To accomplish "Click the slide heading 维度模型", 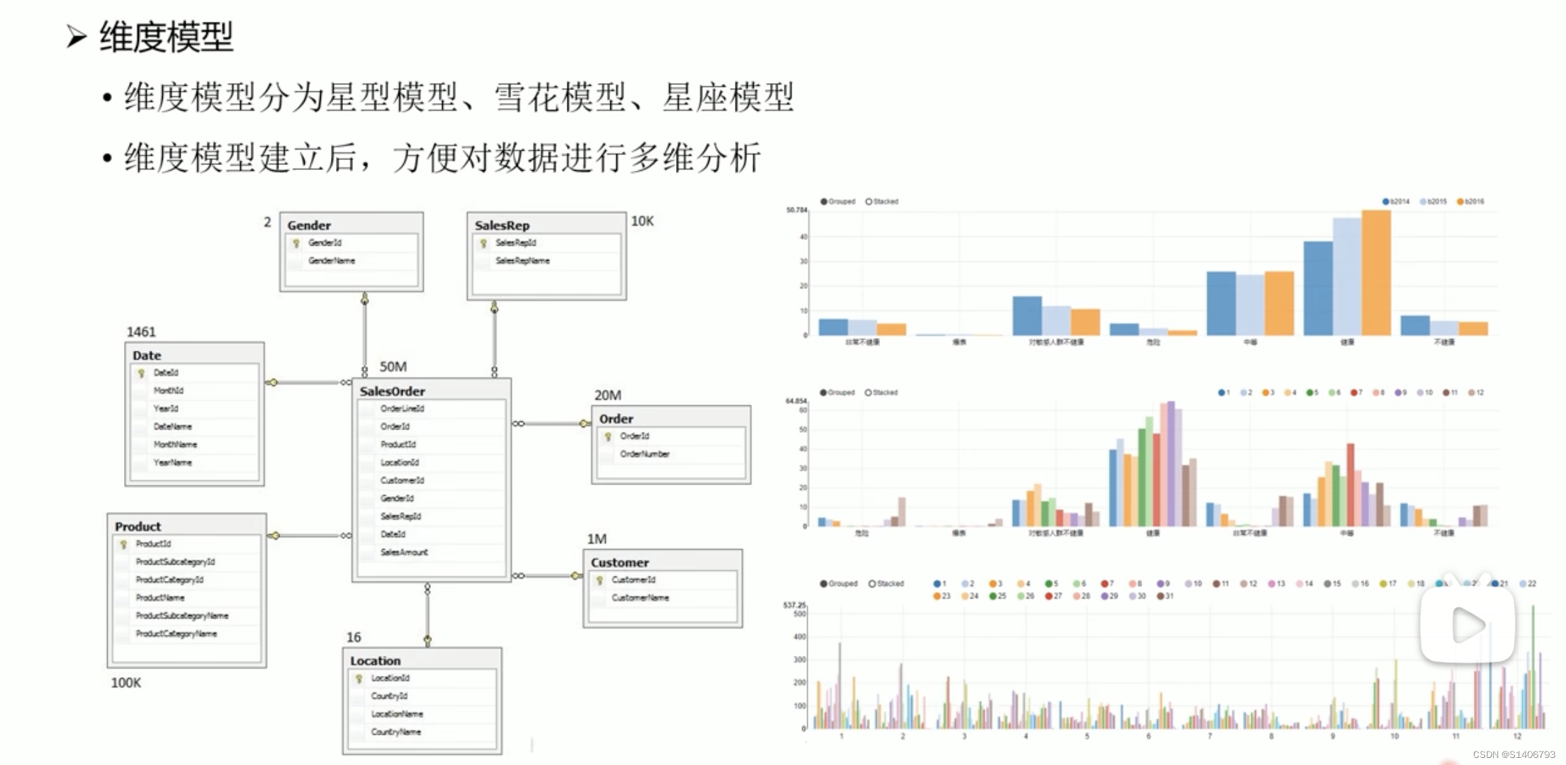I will click(166, 37).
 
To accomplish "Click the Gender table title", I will click(309, 225).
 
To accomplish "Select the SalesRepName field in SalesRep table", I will click(522, 261).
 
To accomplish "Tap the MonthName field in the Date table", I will click(175, 445).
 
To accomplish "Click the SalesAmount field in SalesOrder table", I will click(404, 552).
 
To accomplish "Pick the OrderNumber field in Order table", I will click(644, 454).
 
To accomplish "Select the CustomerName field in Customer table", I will click(640, 598).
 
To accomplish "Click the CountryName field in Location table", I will click(395, 732).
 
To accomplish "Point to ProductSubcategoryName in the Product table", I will click(181, 616).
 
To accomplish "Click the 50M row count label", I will click(393, 366).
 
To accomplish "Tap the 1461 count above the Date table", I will click(141, 331).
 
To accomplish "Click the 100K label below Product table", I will click(125, 683).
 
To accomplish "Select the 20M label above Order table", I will click(607, 395).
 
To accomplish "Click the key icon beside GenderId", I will click(296, 243).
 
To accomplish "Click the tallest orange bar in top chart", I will click(1375, 273).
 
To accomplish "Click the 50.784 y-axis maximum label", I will click(796, 210).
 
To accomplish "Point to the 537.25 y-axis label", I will click(794, 605).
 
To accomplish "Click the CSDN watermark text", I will click(1514, 755).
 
